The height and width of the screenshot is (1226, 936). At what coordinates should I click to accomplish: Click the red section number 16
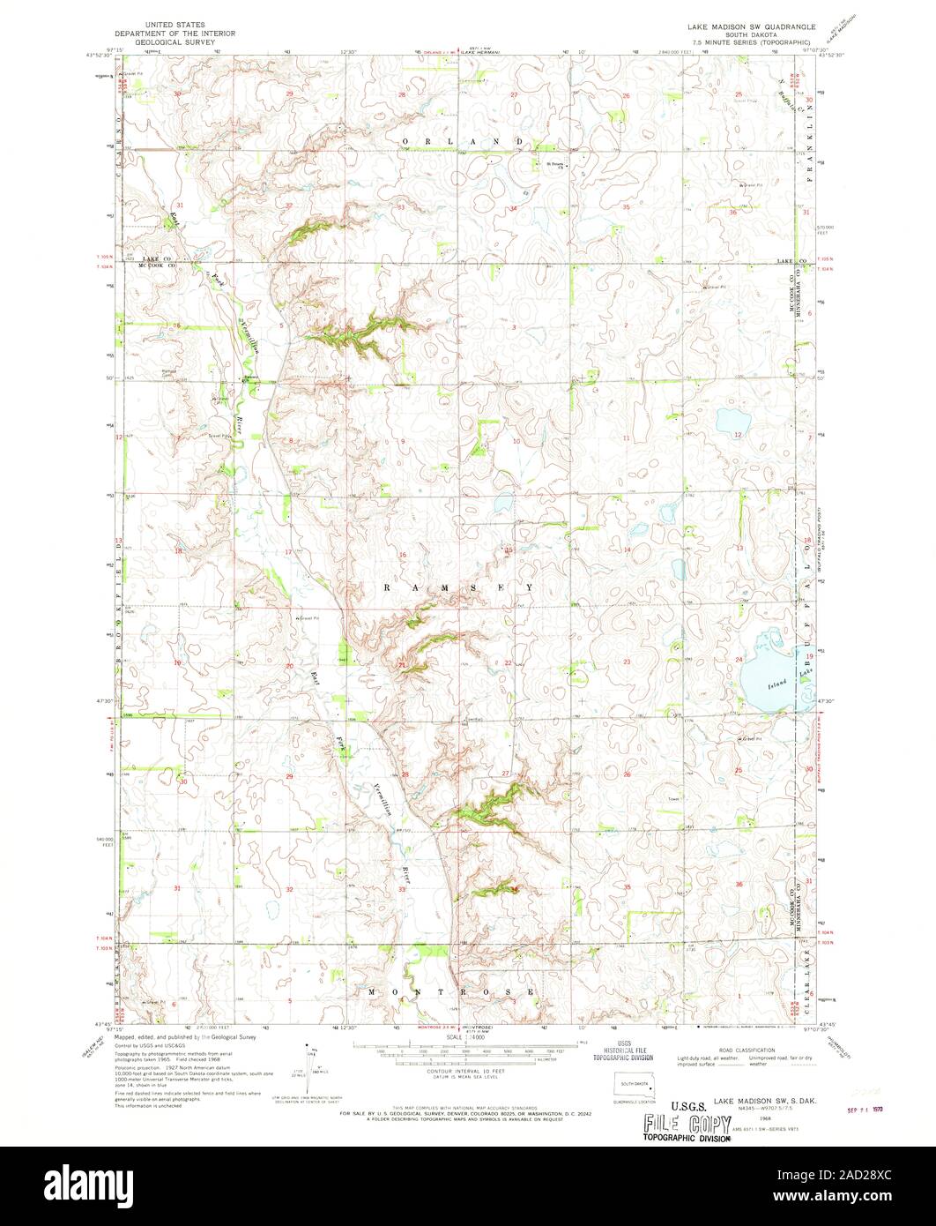point(403,555)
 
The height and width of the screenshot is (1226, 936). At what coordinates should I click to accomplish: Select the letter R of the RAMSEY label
point(386,586)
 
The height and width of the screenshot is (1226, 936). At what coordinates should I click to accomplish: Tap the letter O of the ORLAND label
point(407,141)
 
